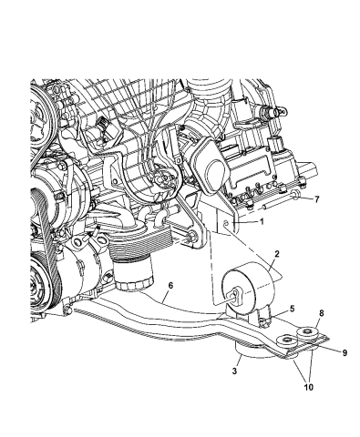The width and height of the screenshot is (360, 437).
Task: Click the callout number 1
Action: (x=261, y=221)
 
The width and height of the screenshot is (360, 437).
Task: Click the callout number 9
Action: (x=322, y=351)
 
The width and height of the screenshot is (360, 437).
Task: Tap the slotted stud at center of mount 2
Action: (x=236, y=296)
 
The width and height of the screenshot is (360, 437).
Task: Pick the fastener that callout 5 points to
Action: (x=265, y=318)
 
